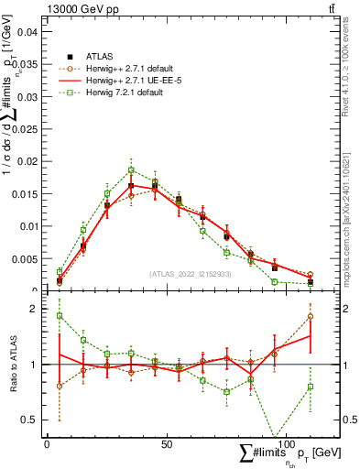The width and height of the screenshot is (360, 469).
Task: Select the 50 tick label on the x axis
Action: coord(166,443)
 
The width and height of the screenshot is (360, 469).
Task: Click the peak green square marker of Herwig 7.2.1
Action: coord(131,169)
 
